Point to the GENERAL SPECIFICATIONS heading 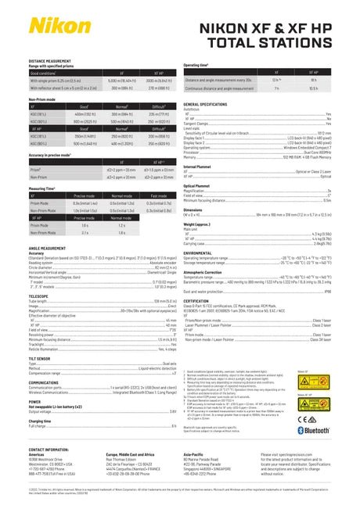(x=211, y=103)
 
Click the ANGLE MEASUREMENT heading (x=48, y=247)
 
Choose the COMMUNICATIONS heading (x=45, y=383)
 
